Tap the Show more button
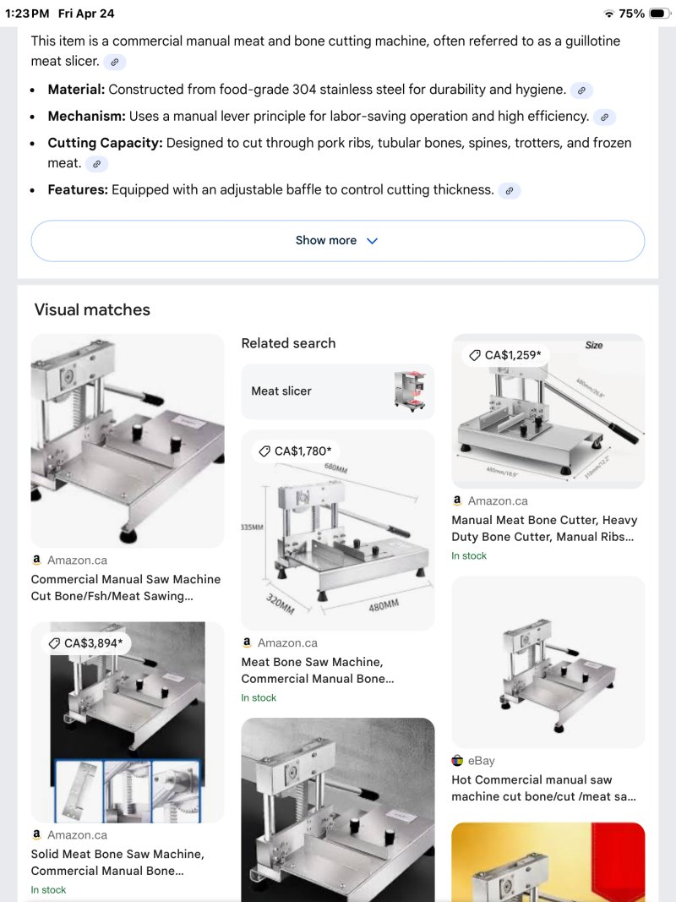click(337, 240)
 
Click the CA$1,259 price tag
click(505, 355)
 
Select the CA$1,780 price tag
click(296, 451)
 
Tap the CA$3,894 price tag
click(86, 643)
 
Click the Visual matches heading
click(92, 309)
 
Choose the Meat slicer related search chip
click(337, 391)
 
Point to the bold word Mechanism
click(86, 116)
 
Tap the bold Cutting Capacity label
click(105, 143)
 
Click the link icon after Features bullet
click(510, 190)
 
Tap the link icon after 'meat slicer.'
click(114, 62)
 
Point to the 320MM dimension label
click(280, 604)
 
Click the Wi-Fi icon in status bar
click(609, 14)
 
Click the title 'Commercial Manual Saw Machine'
click(126, 579)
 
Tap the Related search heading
click(288, 343)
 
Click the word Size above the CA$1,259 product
click(594, 345)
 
